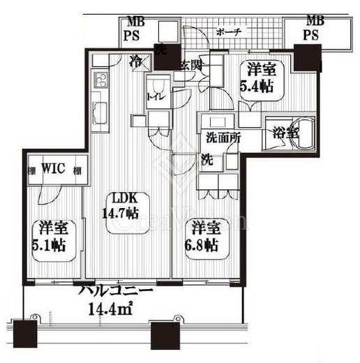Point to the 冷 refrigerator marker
tap(137, 61)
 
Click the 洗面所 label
tap(223, 138)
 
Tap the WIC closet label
tap(53, 169)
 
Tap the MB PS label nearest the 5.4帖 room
tap(312, 27)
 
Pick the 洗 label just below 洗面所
tap(207, 158)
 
